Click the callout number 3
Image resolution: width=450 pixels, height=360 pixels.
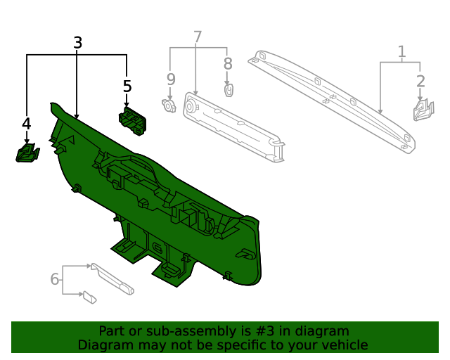click(78, 43)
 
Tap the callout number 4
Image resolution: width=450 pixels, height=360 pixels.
click(27, 124)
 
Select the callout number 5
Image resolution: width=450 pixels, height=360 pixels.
click(127, 86)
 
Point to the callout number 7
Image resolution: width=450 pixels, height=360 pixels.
click(198, 37)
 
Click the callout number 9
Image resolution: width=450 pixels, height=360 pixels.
click(170, 79)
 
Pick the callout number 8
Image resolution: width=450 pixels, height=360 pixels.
click(228, 64)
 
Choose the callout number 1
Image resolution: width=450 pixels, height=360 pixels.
click(401, 51)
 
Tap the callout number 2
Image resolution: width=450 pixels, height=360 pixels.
click(420, 81)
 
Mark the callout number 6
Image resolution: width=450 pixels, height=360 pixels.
click(55, 279)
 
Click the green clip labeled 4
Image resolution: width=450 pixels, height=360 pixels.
click(27, 153)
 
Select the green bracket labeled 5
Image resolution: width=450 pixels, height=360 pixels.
click(132, 120)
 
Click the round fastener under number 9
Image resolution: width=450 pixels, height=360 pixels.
click(169, 105)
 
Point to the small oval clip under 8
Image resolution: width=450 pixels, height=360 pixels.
click(228, 90)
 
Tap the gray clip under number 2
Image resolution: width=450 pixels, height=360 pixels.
click(423, 110)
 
